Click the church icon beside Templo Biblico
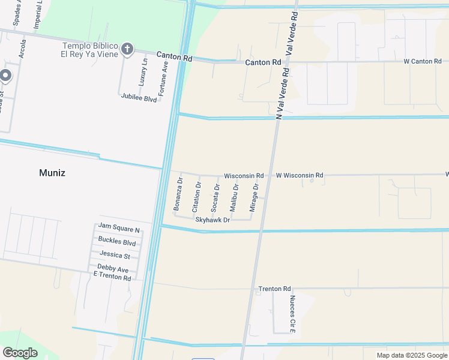coord(127,49)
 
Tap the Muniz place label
coord(52,173)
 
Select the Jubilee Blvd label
coord(139,98)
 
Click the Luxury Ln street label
coord(144,71)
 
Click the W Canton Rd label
coord(423,61)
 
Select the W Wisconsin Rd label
coord(300,175)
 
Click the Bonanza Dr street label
coord(178,193)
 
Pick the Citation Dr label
coord(196,197)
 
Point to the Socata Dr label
coord(215,197)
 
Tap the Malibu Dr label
coord(235,197)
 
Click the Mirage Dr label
coord(255,198)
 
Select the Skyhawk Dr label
coord(212,220)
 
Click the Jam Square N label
coord(119,229)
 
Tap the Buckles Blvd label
coord(117,242)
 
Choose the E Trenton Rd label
coord(112,278)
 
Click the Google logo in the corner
coord(20,353)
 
